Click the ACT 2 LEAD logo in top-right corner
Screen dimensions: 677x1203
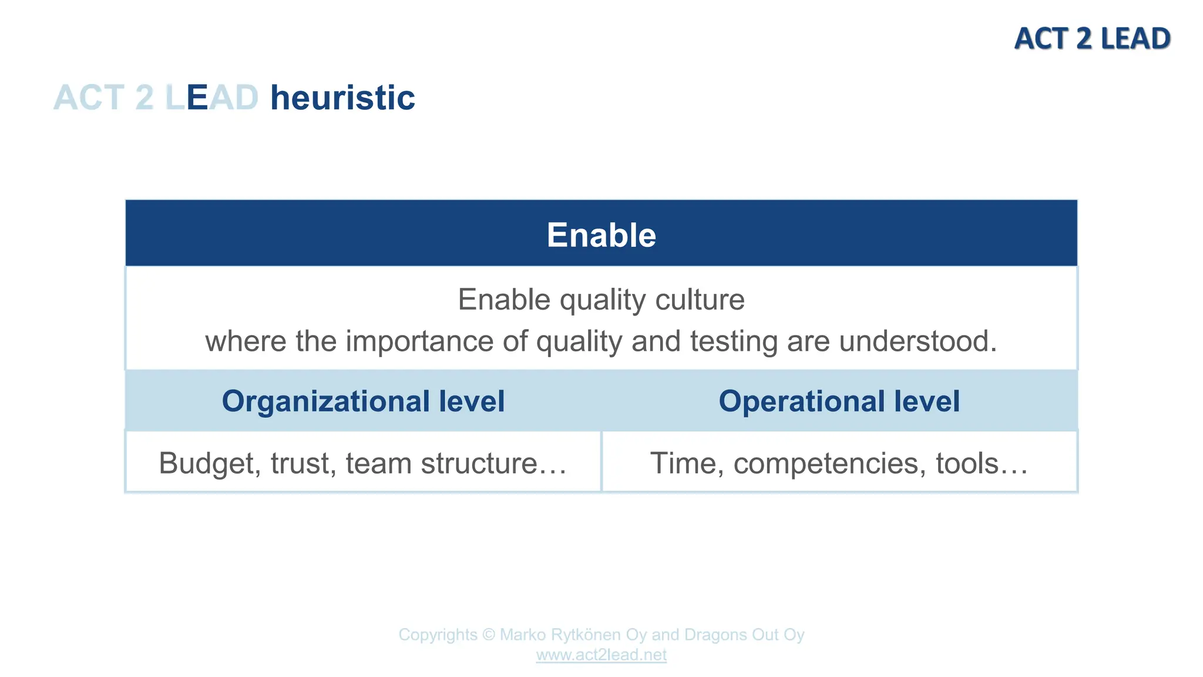[1092, 39]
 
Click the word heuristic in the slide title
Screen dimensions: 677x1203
[342, 98]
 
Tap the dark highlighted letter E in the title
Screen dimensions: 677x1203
[197, 98]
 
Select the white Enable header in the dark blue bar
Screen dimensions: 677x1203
[601, 235]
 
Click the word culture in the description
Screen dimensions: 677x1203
[700, 300]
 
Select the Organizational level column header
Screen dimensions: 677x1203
[363, 401]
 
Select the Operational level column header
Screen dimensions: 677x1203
[839, 401]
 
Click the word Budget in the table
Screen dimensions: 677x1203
[209, 463]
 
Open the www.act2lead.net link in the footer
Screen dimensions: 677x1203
[601, 655]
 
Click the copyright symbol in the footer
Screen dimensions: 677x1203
[489, 635]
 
